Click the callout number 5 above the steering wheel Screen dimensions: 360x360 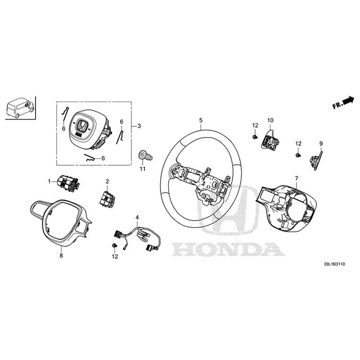pos(201,120)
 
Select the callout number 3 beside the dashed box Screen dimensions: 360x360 pos(139,126)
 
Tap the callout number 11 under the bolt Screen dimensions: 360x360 pos(142,169)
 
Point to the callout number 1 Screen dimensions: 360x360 pos(50,181)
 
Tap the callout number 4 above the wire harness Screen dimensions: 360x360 pos(137,217)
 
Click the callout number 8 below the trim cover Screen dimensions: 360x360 pos(61,256)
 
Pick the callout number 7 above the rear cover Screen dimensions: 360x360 pos(296,179)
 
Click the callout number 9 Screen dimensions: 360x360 pos(321,144)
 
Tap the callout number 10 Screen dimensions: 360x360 pos(270,120)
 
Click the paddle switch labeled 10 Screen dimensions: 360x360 pos(268,139)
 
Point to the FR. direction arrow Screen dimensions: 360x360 pos(344,103)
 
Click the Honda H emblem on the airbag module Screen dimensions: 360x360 pos(82,126)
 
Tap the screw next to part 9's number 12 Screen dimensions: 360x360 pos(298,155)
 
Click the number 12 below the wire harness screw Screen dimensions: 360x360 pos(115,256)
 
